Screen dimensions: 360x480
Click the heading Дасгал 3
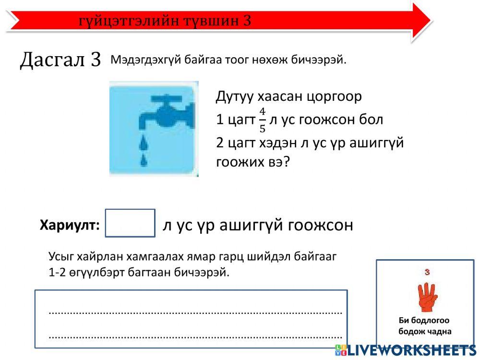(x=60, y=60)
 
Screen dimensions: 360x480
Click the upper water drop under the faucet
(x=143, y=142)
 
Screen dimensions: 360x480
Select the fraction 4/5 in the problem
(x=262, y=120)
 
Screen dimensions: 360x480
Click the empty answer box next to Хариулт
(x=130, y=223)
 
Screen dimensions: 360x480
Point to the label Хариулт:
(x=70, y=225)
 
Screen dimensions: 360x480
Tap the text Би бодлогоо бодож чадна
(x=424, y=326)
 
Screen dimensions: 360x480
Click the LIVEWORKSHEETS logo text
(x=410, y=350)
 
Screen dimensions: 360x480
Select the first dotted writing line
(x=195, y=312)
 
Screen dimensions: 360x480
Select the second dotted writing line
(x=195, y=336)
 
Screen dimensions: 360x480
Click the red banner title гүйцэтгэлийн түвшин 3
(x=165, y=21)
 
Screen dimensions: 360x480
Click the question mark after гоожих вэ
(x=287, y=162)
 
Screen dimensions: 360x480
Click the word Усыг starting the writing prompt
(x=61, y=256)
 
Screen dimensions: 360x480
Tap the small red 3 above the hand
(x=426, y=272)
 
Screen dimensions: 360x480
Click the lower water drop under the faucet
(x=143, y=160)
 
